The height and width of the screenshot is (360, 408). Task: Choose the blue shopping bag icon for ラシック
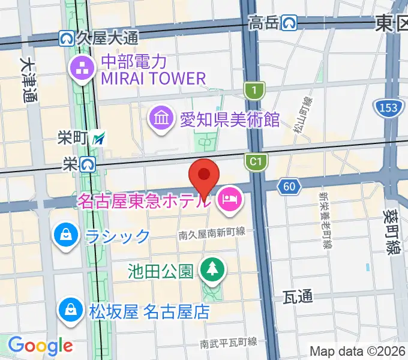point(65,235)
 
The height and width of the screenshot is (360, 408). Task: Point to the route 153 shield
point(387,109)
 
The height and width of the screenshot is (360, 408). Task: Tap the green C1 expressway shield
point(254,160)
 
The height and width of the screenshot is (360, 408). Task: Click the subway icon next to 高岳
point(291,23)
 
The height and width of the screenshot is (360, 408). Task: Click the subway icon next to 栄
point(88,163)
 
